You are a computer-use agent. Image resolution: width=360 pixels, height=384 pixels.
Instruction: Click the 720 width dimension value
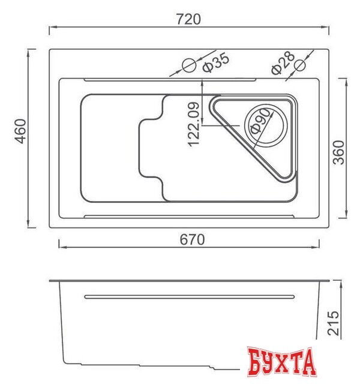click(189, 19)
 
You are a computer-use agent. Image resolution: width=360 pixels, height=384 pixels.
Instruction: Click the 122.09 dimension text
click(193, 125)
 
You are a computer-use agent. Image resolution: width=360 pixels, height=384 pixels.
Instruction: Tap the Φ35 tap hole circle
click(188, 64)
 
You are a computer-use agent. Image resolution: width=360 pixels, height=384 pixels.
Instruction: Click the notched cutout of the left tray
click(150, 148)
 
